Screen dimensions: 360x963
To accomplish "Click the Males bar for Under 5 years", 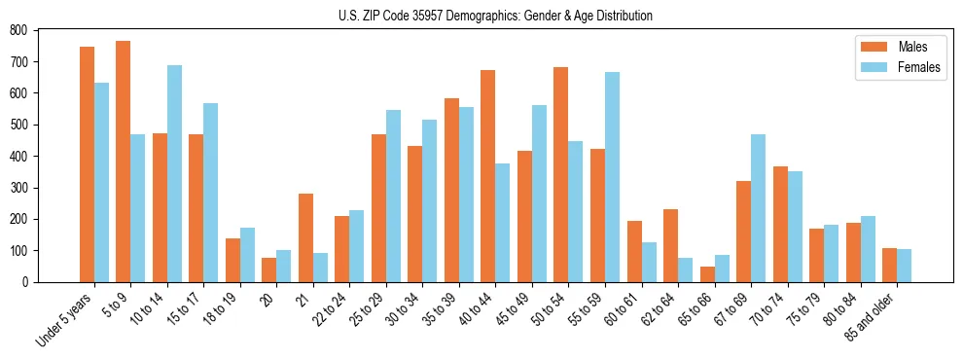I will point(87,164).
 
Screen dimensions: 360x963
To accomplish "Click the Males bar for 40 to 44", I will point(488,176).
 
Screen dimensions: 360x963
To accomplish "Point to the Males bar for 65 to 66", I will point(707,274).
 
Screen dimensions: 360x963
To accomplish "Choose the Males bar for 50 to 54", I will point(561,174).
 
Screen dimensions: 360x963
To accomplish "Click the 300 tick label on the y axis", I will point(18,188).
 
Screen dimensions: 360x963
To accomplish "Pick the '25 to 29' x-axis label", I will point(369,309).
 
